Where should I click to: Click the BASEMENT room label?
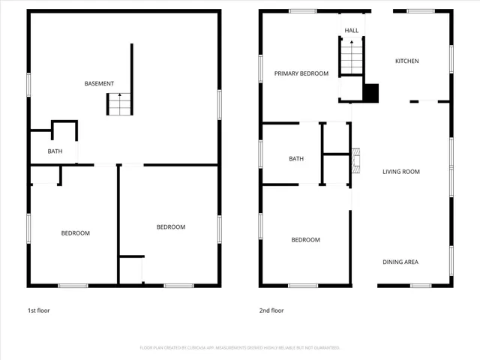point(99,83)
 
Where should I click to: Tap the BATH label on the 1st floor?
point(55,151)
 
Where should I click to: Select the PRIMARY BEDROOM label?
point(301,73)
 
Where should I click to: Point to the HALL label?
point(351,31)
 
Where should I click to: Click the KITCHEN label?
point(407,61)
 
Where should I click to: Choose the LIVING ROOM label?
point(401,172)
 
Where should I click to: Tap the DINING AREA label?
point(401,262)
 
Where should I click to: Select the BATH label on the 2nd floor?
point(296,159)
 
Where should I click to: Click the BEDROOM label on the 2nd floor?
point(305,240)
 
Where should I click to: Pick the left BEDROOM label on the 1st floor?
point(75,233)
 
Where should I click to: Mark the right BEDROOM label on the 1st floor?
point(170,227)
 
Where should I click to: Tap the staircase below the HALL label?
point(351,57)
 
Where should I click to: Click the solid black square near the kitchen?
point(371,92)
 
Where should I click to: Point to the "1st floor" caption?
point(39,310)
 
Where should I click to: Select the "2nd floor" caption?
point(271,310)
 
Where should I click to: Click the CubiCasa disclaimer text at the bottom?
point(240,348)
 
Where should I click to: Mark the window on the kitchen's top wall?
point(421,10)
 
